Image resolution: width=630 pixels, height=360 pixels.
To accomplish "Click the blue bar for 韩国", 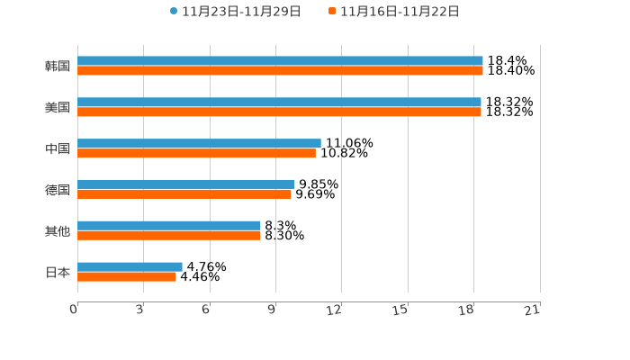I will (x=280, y=61).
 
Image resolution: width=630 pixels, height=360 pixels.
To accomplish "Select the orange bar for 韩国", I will (x=280, y=71).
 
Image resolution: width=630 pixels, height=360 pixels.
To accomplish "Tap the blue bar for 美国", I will (x=279, y=103).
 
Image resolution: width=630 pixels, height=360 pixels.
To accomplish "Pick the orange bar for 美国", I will (x=279, y=112).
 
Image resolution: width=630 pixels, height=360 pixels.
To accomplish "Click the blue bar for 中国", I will (x=199, y=143).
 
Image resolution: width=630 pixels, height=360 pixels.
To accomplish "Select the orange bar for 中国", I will (x=196, y=154).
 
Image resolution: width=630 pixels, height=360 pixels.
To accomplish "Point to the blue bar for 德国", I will (x=185, y=184).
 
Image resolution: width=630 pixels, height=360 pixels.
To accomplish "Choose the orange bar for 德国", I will (x=184, y=194).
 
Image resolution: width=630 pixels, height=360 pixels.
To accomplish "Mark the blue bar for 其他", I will (x=169, y=226).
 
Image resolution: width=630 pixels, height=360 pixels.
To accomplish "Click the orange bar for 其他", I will (x=169, y=236).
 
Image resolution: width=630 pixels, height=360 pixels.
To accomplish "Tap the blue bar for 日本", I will (x=130, y=266).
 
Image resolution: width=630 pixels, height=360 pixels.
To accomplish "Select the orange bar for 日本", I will (x=127, y=277).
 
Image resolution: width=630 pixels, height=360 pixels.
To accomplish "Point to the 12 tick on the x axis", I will (x=335, y=310).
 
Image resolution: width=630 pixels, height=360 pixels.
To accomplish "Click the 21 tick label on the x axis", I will (x=533, y=310).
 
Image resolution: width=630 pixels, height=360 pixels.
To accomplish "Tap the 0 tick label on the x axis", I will (x=74, y=310).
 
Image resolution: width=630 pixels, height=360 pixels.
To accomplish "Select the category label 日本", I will (x=58, y=272).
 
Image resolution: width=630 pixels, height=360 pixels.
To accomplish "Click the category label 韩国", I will (x=58, y=66).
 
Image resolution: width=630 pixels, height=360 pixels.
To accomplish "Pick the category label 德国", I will (x=58, y=190).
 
